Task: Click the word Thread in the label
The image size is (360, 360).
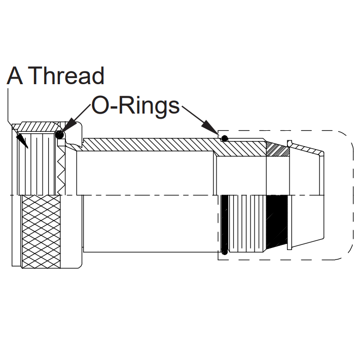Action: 67,76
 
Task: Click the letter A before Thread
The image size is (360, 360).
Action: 15,76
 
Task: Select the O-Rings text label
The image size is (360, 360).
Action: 135,106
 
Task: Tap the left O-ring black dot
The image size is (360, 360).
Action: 59,135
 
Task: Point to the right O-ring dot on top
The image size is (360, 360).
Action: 225,138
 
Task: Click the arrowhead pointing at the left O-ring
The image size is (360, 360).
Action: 69,126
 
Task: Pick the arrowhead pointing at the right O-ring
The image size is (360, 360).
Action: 209,127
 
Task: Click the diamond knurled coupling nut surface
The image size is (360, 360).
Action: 41,231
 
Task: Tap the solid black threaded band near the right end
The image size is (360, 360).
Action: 277,222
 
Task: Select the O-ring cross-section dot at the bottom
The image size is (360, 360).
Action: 225,253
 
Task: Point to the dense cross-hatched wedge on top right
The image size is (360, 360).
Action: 278,150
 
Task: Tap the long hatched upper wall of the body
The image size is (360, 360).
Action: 149,145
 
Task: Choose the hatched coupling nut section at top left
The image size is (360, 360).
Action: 38,127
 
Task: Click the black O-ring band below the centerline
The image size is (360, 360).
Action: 224,223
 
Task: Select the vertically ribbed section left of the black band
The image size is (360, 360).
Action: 247,223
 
